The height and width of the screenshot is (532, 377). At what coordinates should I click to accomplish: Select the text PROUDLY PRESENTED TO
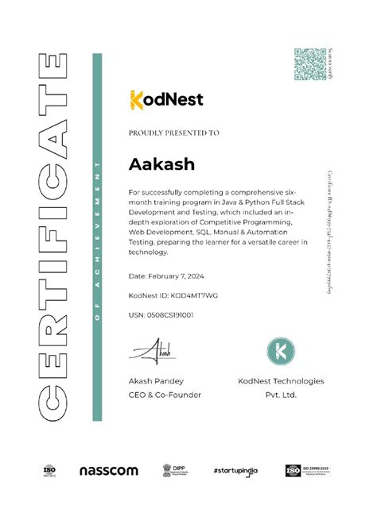point(173,133)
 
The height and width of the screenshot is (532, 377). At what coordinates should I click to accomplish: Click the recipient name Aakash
point(161,164)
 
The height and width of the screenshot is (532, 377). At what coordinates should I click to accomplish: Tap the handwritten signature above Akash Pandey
point(155,350)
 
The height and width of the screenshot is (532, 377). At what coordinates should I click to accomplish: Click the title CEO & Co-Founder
point(165,395)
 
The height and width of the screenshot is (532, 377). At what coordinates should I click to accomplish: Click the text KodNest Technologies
point(281,381)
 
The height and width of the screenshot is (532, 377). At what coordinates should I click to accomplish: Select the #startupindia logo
point(238,471)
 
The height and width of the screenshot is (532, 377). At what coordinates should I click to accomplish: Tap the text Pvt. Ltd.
point(281,395)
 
